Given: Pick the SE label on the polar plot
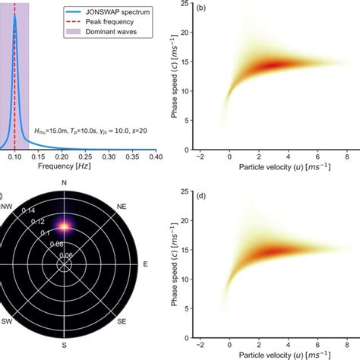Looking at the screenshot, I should (x=122, y=322).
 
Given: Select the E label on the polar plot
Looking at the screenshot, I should (x=144, y=264).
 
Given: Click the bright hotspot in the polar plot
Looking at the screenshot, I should (x=65, y=226).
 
